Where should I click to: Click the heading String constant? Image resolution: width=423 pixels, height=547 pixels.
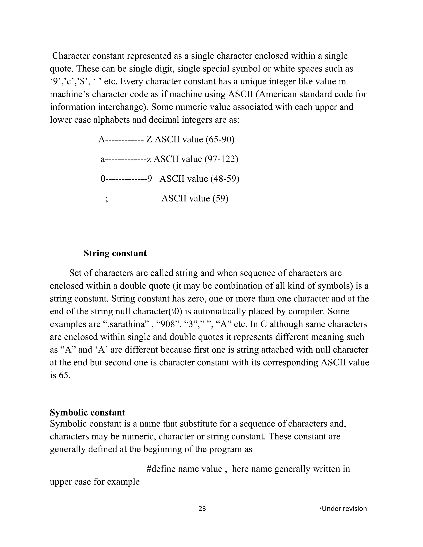point(115,253)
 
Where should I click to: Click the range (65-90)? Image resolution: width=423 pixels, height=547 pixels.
point(220,139)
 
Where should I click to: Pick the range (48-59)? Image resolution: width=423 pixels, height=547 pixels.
point(225,179)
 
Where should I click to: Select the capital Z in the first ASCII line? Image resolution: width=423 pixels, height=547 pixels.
point(149,139)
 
